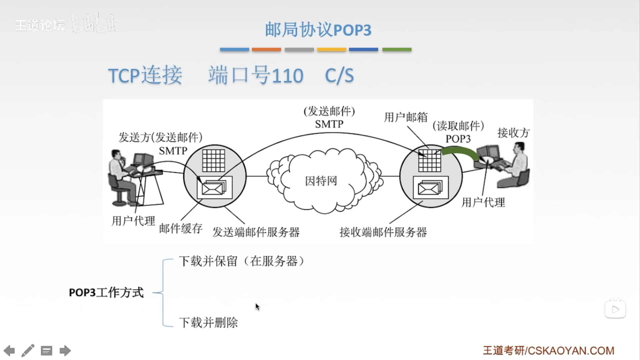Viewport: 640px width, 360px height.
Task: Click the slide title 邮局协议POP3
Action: (x=318, y=30)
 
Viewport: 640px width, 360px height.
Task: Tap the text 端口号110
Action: (x=256, y=75)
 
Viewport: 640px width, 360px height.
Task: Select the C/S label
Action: (x=339, y=76)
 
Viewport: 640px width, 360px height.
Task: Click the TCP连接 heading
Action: (x=145, y=75)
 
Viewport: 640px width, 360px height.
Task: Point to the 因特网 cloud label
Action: (x=321, y=181)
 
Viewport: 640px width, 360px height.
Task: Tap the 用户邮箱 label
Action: (x=405, y=117)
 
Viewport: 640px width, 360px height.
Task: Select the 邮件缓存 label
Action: (x=181, y=229)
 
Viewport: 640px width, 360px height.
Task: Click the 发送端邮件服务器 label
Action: (x=256, y=232)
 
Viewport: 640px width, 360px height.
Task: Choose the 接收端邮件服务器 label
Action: (x=383, y=232)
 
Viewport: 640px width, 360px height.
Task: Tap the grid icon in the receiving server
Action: (x=430, y=160)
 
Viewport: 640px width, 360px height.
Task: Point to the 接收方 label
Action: (x=513, y=133)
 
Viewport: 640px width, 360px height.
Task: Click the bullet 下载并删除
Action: (x=208, y=323)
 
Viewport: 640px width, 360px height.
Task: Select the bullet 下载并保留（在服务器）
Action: (x=242, y=261)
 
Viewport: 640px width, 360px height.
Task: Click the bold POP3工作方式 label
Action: (x=106, y=293)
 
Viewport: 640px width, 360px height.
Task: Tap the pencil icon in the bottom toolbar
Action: (x=28, y=351)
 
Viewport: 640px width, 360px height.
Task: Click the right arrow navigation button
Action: (x=65, y=351)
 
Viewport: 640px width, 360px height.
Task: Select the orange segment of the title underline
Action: (x=266, y=50)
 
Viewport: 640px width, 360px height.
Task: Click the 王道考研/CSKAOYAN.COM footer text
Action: (x=548, y=351)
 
